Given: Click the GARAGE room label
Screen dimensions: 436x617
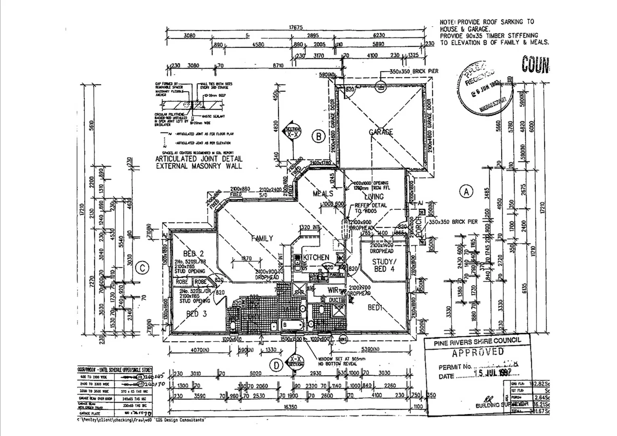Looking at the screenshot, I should click(381, 132).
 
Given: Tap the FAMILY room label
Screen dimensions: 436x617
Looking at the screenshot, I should click(262, 239).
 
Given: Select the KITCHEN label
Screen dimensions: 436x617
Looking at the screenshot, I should click(316, 257).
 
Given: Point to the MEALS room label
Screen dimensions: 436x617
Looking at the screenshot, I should click(323, 194).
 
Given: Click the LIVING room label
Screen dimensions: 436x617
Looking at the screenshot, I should click(374, 197).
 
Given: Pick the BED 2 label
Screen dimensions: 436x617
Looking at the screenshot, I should click(193, 254).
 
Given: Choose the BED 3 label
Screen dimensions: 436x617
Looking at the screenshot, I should click(196, 313).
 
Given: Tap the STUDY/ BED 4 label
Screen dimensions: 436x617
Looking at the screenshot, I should click(383, 265).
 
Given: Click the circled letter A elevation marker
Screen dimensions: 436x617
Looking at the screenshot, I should click(466, 192).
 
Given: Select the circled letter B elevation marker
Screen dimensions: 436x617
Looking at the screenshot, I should click(318, 137).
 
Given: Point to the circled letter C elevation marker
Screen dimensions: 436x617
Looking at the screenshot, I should click(141, 267).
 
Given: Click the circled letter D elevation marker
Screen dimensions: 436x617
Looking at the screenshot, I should click(276, 366).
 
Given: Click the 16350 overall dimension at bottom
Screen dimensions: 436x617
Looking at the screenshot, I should click(291, 407).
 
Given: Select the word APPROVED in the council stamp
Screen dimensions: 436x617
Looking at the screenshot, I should click(478, 353).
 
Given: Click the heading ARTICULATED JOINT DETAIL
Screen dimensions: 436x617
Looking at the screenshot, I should click(199, 159).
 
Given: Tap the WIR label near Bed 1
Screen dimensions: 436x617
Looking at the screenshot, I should click(333, 290).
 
